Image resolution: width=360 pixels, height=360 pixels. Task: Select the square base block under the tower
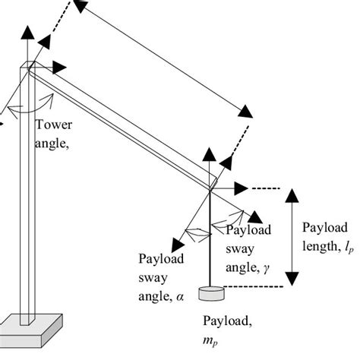point(30,327)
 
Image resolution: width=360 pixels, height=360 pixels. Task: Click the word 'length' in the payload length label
point(319,247)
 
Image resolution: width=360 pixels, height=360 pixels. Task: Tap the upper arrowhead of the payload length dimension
point(292,195)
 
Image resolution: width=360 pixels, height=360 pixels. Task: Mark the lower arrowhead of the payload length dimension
point(292,278)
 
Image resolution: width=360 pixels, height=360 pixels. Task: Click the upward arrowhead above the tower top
point(28,31)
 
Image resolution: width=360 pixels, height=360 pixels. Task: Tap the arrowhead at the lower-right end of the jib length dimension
point(245,113)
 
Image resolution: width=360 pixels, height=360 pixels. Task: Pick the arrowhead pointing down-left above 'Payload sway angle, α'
point(178,242)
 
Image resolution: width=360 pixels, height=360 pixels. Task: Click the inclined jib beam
point(122,125)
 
